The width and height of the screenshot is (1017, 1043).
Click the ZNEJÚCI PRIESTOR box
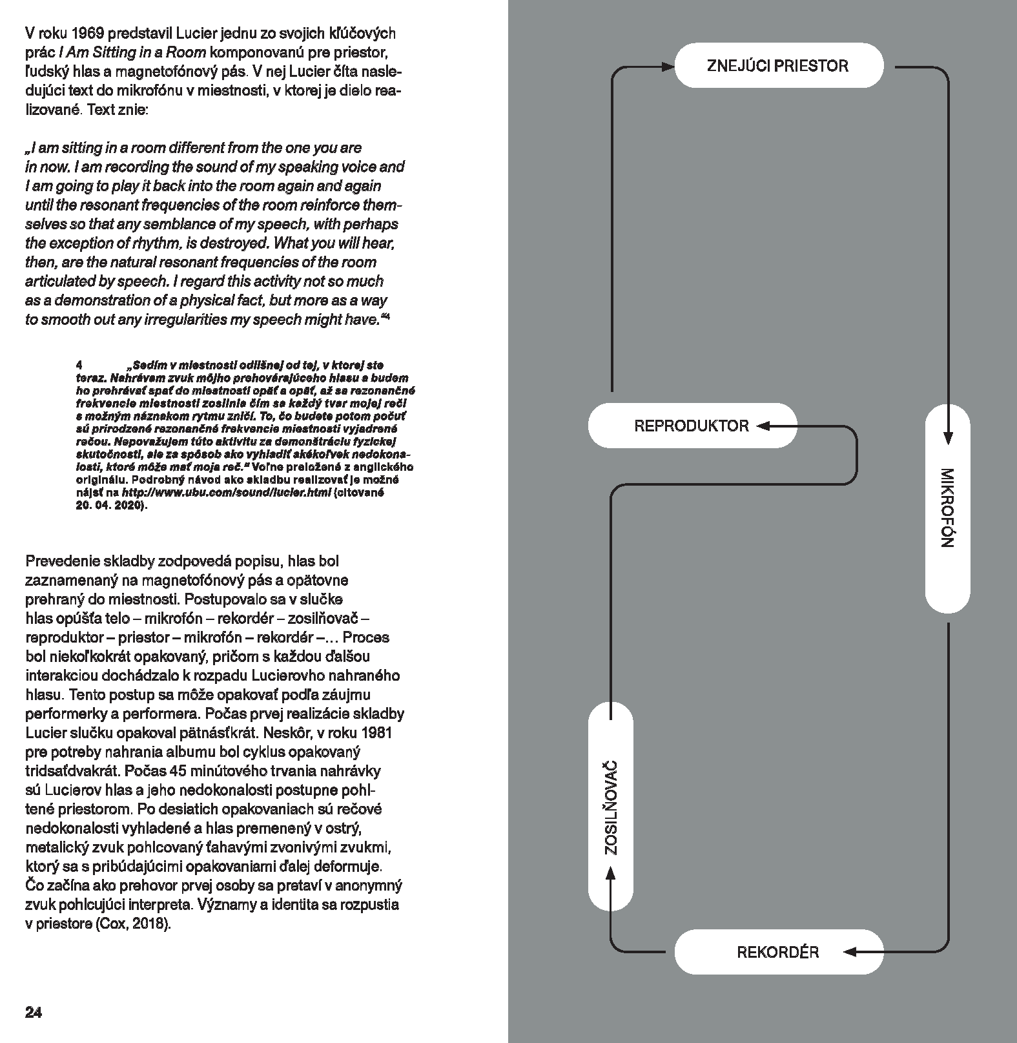778,66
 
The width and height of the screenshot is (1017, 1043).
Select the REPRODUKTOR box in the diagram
692,426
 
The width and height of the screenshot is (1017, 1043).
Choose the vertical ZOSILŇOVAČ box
611,807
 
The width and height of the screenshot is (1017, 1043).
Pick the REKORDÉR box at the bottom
778,952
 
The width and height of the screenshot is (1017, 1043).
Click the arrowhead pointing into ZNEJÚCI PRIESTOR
668,66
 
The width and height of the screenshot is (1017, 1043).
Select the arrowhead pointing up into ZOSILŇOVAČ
611,873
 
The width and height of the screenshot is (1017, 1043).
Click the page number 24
34,1012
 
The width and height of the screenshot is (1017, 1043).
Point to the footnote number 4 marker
79,366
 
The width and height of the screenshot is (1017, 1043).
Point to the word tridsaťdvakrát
72,771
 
